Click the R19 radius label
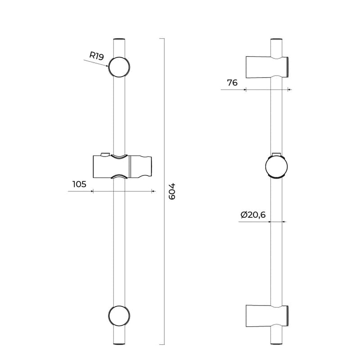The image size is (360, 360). click(97, 56)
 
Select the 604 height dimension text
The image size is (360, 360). click(171, 191)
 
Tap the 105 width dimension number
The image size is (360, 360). click(79, 184)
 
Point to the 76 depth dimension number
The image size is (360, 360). click(232, 82)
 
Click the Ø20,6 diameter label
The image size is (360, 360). click(253, 215)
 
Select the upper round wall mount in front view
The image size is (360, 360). click(119, 67)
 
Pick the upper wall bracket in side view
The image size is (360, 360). click(266, 67)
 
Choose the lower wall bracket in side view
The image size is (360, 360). click(266, 316)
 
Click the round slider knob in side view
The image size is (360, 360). click(276, 166)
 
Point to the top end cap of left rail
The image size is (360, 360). click(119, 40)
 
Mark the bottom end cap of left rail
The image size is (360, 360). click(119, 344)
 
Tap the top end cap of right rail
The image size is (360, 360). click(276, 40)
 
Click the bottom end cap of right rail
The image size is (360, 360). click(276, 344)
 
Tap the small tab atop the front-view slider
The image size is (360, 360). click(105, 154)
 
